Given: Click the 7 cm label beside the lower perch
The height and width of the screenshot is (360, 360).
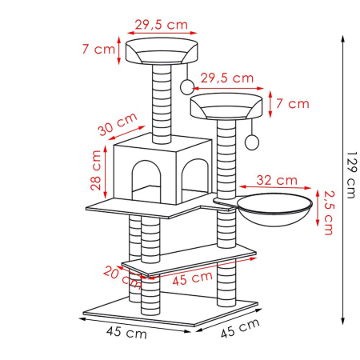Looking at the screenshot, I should [298, 104].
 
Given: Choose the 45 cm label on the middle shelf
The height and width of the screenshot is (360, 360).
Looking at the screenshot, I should [191, 279].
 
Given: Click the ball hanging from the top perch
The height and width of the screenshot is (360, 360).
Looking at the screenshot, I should [186, 85].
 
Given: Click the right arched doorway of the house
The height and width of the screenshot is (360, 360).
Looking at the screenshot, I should [196, 173].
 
